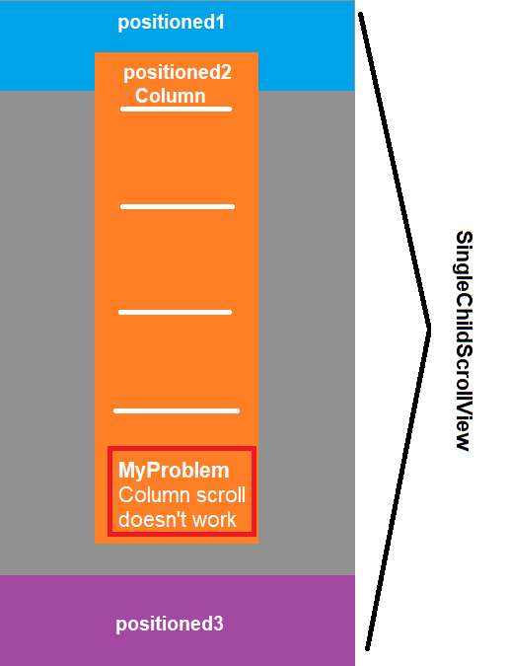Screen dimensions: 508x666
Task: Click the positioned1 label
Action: pos(171,23)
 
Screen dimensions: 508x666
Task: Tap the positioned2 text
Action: pos(178,73)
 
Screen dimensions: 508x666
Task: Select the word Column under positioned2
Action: pos(171,96)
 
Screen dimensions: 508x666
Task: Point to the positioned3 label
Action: pos(170,624)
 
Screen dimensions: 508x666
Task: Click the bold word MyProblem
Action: pos(174,471)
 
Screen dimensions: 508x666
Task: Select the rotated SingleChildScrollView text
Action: pos(464,341)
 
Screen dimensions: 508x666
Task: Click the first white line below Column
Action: pos(176,110)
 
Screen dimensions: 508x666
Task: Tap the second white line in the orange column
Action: pos(178,207)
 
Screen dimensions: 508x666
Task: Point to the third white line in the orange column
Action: pos(175,312)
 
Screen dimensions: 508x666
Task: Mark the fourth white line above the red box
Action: pos(177,410)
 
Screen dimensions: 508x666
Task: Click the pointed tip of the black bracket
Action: pos(429,330)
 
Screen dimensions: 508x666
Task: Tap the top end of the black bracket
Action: pos(361,15)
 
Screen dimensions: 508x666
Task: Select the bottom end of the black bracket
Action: pos(368,648)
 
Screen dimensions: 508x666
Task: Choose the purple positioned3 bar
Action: pos(178,621)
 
